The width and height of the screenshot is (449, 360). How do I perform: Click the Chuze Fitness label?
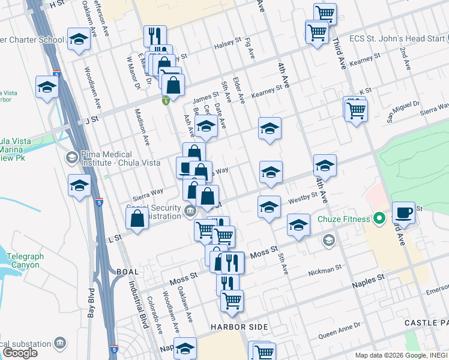coord(344,219)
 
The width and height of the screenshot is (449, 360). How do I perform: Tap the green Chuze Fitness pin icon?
coord(379,219)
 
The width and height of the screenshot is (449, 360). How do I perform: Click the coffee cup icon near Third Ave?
coord(403,213)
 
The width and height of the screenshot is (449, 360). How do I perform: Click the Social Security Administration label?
coord(154,212)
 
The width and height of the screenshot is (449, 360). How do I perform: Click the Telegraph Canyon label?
coord(25,260)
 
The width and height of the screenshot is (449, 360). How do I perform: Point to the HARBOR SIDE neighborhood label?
coord(239,327)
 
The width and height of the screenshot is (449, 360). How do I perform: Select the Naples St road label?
coord(369,280)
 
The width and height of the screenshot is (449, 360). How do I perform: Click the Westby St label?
coord(303,197)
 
